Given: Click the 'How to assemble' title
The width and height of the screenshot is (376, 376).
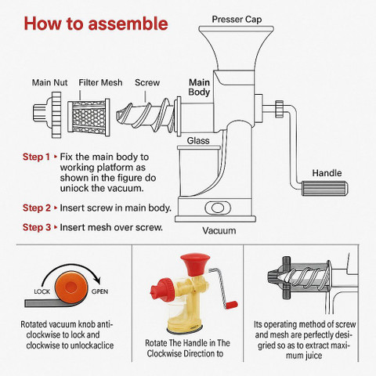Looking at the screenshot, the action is (x=96, y=23).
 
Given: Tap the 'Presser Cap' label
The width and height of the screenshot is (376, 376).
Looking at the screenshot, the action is (x=237, y=20).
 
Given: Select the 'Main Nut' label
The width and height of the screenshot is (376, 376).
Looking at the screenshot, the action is (x=49, y=82).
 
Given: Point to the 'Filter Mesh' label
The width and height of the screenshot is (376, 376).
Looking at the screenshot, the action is (x=100, y=82).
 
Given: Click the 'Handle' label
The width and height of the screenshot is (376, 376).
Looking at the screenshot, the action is (x=327, y=173).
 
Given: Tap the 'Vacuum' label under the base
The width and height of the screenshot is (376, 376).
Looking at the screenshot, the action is (x=219, y=230).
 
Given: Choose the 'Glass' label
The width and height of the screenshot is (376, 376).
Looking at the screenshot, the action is (x=198, y=141).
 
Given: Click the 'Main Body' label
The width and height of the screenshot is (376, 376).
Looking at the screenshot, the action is (x=200, y=87).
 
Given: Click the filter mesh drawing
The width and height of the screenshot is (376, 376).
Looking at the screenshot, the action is (x=89, y=117).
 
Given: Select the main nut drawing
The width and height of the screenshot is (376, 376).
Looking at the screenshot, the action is (x=48, y=114).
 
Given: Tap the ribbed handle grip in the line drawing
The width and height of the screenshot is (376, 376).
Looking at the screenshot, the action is (x=324, y=188).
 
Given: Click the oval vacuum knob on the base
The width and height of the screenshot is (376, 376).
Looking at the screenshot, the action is (x=218, y=208).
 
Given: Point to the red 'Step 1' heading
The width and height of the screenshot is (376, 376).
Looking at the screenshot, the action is (x=36, y=157).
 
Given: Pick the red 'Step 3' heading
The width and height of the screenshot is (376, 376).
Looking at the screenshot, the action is (x=37, y=227).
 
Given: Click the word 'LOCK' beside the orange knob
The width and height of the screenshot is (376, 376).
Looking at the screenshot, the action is (x=42, y=291).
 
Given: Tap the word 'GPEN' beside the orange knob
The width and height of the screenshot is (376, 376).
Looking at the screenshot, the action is (x=99, y=291).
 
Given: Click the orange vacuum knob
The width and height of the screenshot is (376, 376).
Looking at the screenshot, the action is (x=70, y=287).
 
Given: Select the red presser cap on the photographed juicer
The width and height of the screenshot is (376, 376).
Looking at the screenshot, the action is (x=195, y=264).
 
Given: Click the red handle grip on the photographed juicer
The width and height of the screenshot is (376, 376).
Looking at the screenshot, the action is (x=231, y=305).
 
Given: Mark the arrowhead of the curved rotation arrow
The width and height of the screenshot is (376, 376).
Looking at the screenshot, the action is (x=97, y=280).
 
